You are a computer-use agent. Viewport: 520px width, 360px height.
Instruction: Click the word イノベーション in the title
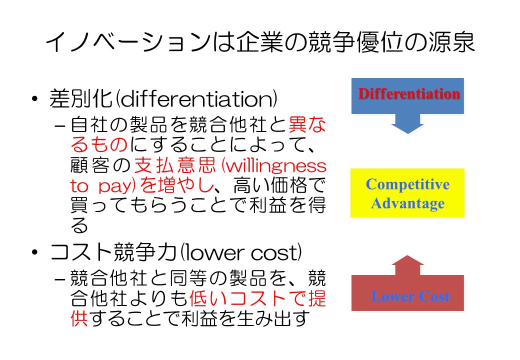[128, 42]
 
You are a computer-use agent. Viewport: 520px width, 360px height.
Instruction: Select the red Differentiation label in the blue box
[409, 93]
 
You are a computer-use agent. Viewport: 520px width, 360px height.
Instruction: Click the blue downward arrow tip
[407, 133]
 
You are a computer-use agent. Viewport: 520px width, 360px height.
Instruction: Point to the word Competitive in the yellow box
[407, 184]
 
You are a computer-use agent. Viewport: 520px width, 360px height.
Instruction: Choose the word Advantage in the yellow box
[407, 203]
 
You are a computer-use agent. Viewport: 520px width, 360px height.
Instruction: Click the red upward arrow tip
[407, 256]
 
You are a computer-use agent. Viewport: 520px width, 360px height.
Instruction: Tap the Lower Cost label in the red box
[410, 296]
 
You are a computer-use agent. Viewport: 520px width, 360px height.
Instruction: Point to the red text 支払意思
[175, 165]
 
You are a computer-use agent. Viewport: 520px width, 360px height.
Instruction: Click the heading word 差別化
[80, 98]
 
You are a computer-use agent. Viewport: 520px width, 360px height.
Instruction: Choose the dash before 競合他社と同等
[59, 279]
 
